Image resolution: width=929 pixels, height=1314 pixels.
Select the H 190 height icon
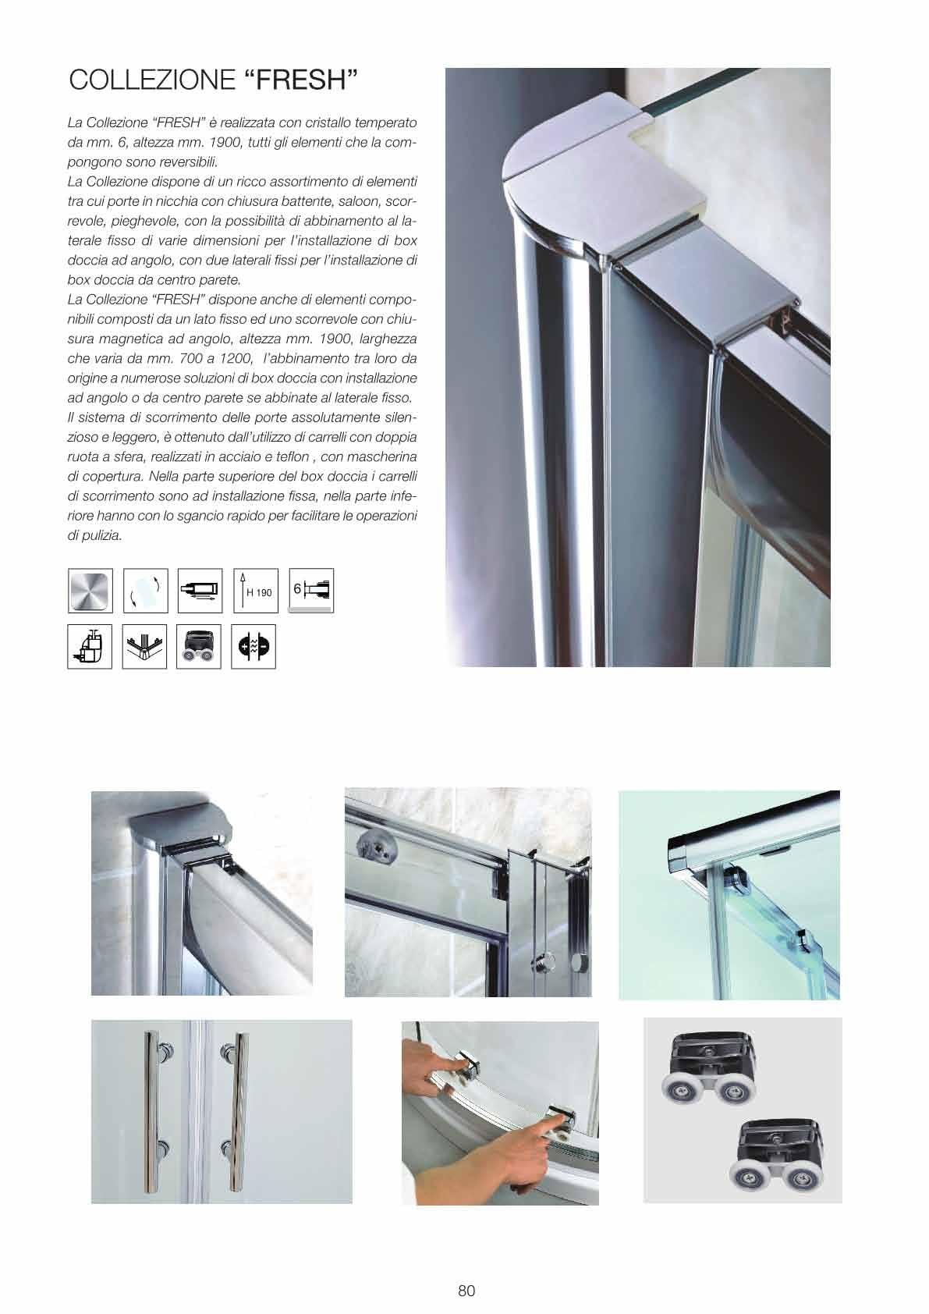pyautogui.click(x=256, y=591)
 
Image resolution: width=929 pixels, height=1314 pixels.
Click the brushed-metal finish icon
pyautogui.click(x=90, y=591)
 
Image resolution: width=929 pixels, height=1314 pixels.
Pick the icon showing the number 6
pyautogui.click(x=311, y=591)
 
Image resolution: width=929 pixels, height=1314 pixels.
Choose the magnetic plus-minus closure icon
pyautogui.click(x=254, y=647)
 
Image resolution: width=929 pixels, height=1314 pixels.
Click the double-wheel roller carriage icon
pyautogui.click(x=199, y=647)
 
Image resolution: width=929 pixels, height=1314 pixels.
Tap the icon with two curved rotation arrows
pyautogui.click(x=145, y=591)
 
